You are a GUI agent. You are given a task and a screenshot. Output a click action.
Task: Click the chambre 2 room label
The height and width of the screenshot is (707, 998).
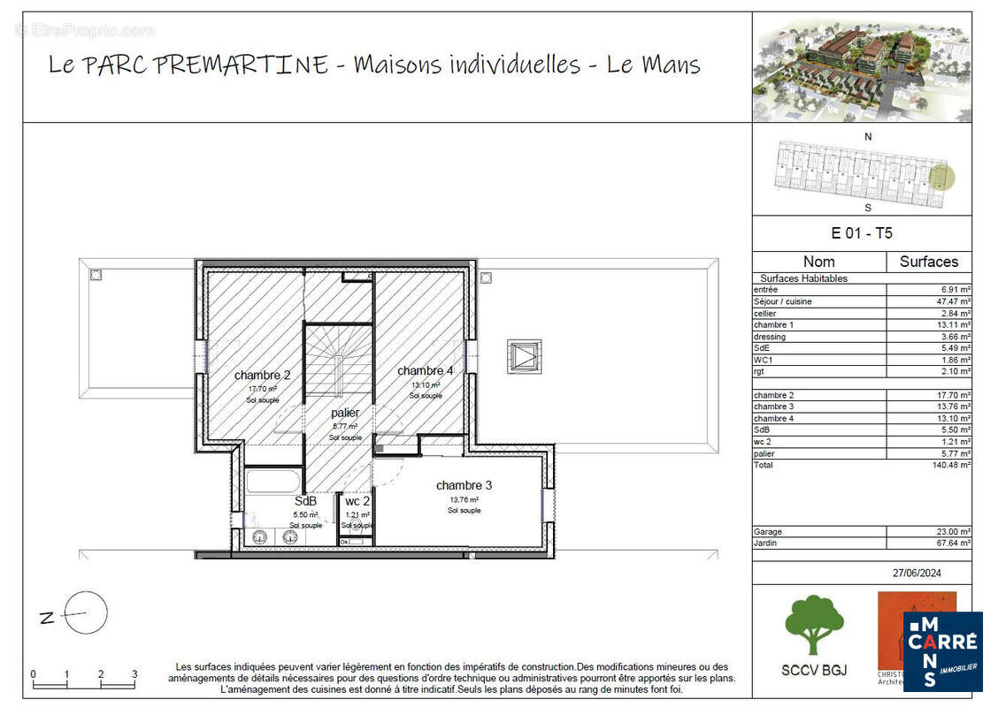click(x=262, y=376)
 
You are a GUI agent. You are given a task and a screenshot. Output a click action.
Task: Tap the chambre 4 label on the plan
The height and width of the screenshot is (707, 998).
click(x=425, y=371)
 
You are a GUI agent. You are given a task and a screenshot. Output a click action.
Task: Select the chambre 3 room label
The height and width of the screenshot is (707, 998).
click(x=464, y=485)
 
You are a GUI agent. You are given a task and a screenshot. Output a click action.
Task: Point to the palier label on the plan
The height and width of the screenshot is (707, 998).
click(x=345, y=413)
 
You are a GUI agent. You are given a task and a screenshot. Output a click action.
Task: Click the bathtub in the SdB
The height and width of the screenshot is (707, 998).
click(x=273, y=483)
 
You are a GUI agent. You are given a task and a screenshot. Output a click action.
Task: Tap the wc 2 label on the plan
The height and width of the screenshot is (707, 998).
click(x=357, y=502)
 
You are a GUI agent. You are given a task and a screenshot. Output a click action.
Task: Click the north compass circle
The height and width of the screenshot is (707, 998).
click(x=86, y=613)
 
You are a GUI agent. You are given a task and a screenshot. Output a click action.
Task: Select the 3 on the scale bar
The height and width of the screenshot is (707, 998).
click(x=134, y=674)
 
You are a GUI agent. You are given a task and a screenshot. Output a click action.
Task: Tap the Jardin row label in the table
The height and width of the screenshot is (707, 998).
click(x=766, y=544)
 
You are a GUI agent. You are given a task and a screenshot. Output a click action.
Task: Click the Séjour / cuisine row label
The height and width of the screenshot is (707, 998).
click(x=783, y=301)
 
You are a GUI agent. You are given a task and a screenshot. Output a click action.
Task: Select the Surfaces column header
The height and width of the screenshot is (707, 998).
click(x=928, y=262)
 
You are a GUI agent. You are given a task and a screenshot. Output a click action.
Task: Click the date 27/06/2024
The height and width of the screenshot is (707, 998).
click(x=917, y=573)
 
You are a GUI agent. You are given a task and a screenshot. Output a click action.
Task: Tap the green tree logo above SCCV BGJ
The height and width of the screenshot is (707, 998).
click(x=814, y=624)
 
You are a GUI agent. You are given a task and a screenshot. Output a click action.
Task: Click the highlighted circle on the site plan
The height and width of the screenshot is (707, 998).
click(x=943, y=178)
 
